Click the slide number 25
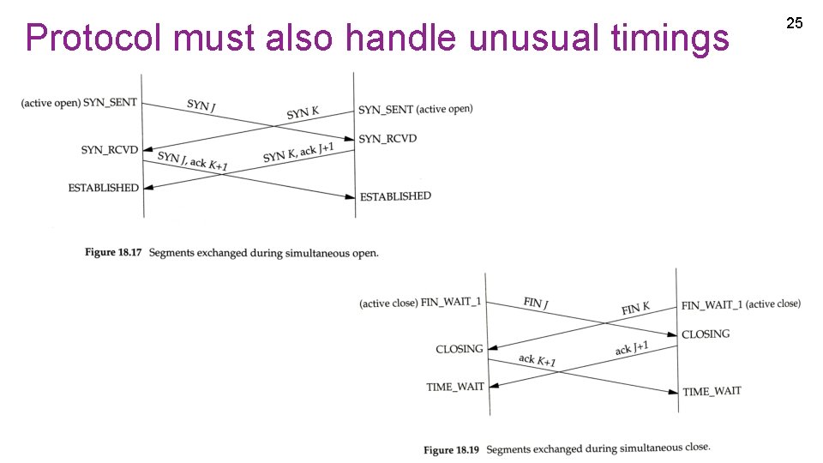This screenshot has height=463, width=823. (795, 23)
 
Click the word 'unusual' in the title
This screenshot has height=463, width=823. (511, 38)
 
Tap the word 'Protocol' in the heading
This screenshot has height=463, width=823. (95, 38)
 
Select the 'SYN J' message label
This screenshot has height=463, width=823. (200, 105)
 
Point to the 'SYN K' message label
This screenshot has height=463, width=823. (303, 112)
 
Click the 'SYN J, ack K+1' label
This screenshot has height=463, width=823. (193, 160)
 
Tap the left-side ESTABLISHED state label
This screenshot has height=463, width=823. (104, 188)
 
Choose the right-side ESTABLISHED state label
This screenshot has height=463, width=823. (395, 196)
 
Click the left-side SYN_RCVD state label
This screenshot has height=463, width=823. (110, 150)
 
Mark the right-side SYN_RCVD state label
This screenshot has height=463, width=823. (387, 138)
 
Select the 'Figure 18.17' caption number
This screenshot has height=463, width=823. (113, 252)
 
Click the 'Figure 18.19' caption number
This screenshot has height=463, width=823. (451, 449)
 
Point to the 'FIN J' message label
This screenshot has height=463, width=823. (536, 303)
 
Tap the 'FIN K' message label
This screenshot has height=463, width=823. (635, 307)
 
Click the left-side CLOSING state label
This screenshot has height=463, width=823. (460, 349)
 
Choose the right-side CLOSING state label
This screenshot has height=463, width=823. (706, 334)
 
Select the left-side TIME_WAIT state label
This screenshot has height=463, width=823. (455, 387)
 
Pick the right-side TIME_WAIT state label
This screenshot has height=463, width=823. (712, 391)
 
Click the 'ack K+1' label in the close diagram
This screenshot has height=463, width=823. (538, 361)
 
